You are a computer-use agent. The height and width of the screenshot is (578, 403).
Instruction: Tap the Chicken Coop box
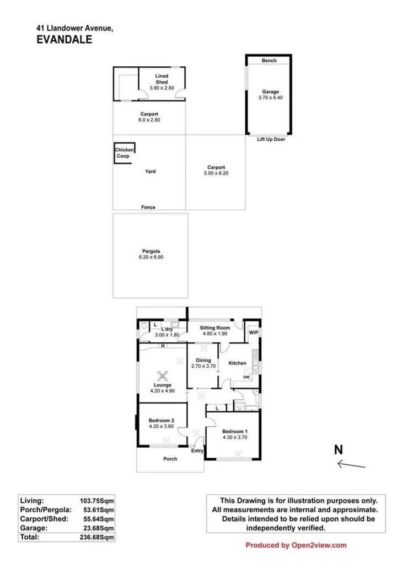pos(124,153)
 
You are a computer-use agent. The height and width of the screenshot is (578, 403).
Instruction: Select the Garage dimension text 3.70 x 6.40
pos(270,98)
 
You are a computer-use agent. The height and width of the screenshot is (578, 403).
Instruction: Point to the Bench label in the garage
pos(269,60)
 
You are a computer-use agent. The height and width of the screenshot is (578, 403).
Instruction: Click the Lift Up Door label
pos(271,140)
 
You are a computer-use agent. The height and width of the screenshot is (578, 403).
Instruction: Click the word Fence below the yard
pos(148,207)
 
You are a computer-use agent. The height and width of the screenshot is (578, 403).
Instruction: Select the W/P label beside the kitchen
pos(253,333)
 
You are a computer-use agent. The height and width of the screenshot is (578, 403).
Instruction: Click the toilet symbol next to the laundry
pos(143,327)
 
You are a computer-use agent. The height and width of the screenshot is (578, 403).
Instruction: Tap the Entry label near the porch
pos(197,451)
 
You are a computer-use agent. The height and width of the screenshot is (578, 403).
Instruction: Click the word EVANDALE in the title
pos(64,39)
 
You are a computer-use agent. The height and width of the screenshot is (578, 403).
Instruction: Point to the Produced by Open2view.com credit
pos(296,545)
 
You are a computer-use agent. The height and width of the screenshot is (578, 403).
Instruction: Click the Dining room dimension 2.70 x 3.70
pos(202,366)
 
